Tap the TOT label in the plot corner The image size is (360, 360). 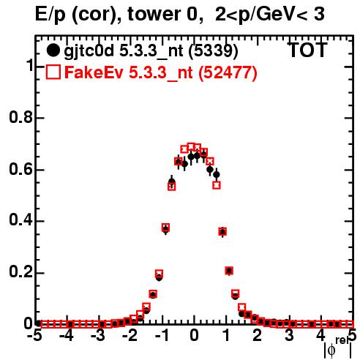click(x=307, y=50)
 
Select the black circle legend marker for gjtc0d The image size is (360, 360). click(x=53, y=50)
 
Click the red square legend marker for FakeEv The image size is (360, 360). click(x=53, y=72)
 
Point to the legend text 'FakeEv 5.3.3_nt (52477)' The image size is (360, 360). click(x=161, y=72)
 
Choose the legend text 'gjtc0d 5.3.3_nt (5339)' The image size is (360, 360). click(x=151, y=51)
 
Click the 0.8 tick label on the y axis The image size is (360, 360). click(x=20, y=117)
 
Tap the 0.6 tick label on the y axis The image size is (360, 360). click(x=20, y=169)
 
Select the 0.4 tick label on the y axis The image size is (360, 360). click(x=20, y=220)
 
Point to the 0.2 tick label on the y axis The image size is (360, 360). click(x=20, y=272)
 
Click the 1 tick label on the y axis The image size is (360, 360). click(x=30, y=65)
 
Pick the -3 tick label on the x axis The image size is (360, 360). click(x=98, y=336)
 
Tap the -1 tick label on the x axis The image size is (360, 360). click(x=162, y=336)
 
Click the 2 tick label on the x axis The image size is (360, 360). click(x=258, y=336)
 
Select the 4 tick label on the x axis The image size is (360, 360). click(x=320, y=336)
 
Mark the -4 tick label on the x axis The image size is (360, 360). click(x=67, y=336)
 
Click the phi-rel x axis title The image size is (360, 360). click(x=338, y=347)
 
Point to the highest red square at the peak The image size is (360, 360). click(x=191, y=146)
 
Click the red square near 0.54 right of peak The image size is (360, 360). click(x=217, y=185)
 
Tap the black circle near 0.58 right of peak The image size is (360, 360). click(x=217, y=174)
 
